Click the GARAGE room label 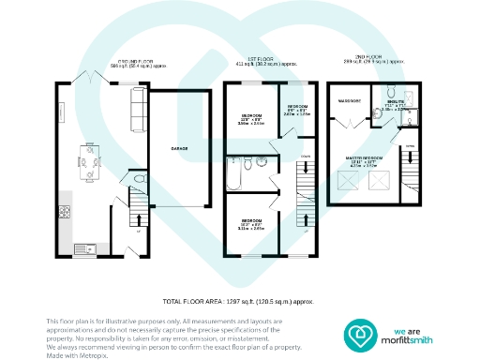pyautogui.click(x=177, y=148)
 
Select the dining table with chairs pyautogui.click(x=89, y=166)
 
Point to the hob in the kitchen pyautogui.click(x=65, y=213)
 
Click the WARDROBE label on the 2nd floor pyautogui.click(x=350, y=99)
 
